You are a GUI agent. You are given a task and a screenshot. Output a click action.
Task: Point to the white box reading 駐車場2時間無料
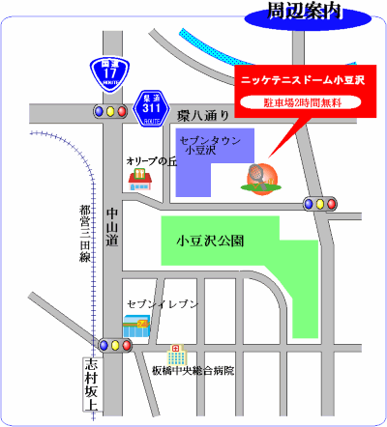click(304, 101)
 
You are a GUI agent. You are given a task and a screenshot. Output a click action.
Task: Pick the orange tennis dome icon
click(258, 178)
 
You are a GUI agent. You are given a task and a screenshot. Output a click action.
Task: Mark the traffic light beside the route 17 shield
click(110, 112)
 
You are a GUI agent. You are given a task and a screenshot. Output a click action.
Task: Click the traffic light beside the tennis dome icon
click(320, 204)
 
